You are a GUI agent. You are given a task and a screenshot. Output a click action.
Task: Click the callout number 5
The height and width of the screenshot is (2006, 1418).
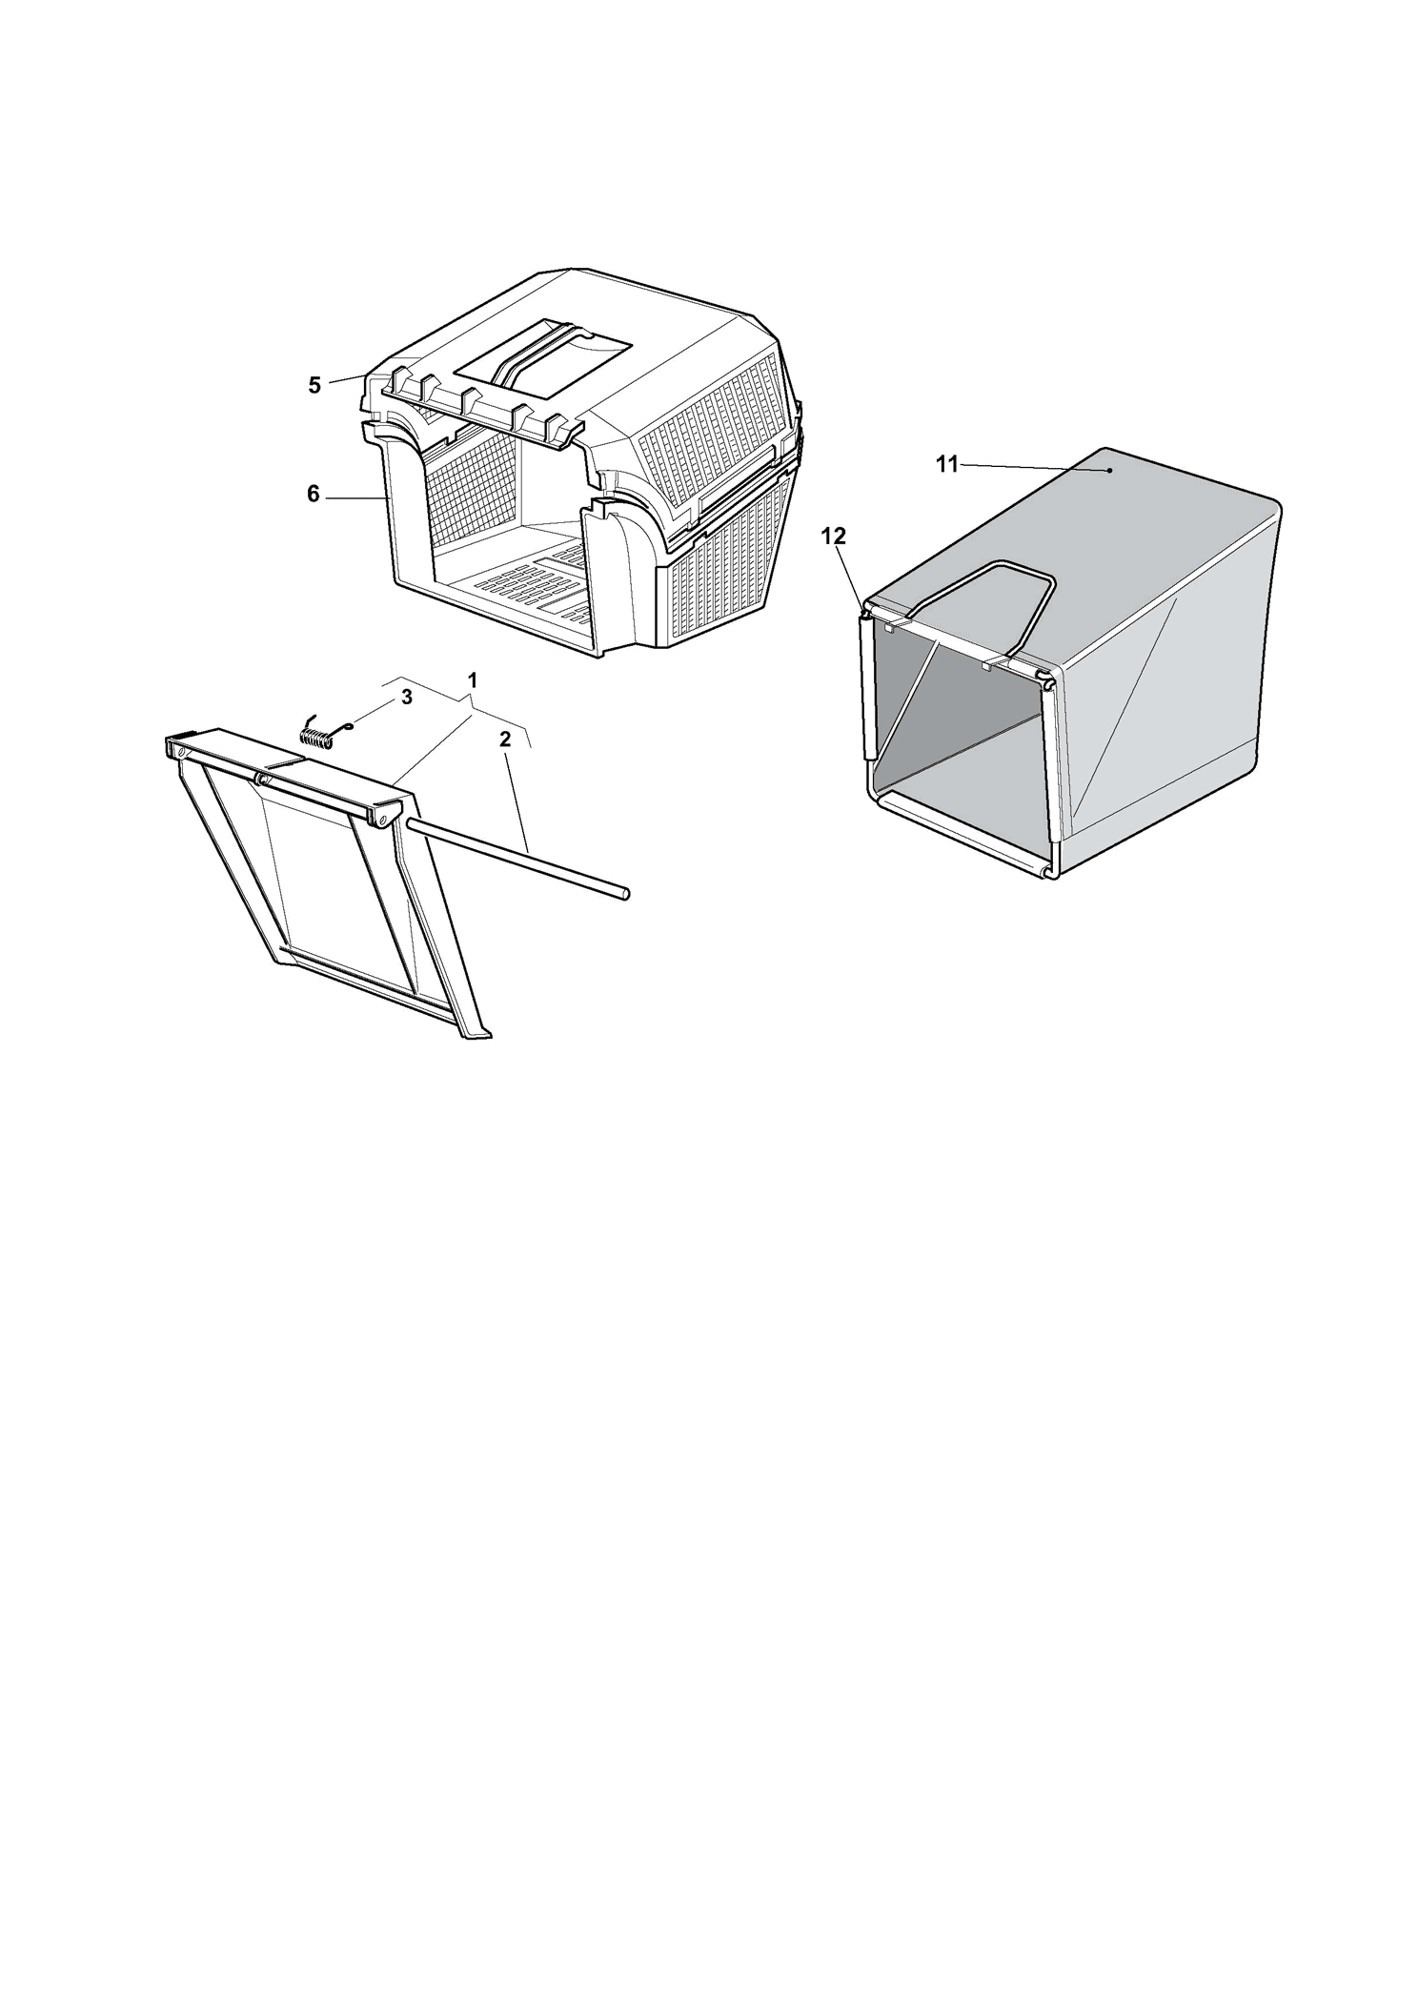(314, 385)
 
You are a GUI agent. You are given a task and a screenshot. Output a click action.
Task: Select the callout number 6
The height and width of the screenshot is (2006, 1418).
(314, 496)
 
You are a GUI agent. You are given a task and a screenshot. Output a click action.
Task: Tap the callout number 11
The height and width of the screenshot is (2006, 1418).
(947, 465)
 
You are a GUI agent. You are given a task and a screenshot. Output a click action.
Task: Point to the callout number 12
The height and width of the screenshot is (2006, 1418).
(834, 537)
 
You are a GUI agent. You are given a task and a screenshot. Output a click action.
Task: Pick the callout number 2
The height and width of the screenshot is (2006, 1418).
(505, 739)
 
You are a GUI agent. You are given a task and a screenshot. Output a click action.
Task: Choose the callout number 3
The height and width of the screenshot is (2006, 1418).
(407, 697)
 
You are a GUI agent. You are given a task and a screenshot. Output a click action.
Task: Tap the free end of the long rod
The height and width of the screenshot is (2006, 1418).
(626, 893)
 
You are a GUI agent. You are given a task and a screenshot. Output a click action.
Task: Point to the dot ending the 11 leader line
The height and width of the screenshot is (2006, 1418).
(1110, 470)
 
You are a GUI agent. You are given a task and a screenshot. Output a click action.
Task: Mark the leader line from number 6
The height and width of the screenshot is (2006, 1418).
(356, 497)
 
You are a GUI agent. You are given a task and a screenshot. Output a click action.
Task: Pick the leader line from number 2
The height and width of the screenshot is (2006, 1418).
(516, 799)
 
